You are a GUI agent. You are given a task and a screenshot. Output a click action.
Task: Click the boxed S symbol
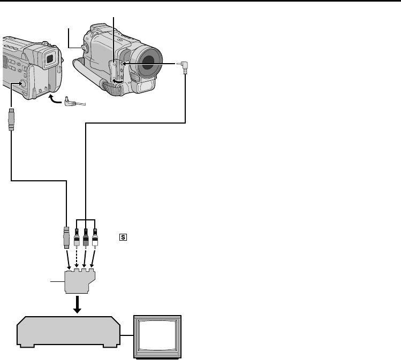[x=123, y=235]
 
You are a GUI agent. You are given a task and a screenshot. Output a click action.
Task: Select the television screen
[x=158, y=335]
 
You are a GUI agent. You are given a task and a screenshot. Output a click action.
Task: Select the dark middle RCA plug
[x=85, y=238]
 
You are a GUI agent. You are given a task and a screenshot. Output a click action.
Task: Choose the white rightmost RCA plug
[x=95, y=238]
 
